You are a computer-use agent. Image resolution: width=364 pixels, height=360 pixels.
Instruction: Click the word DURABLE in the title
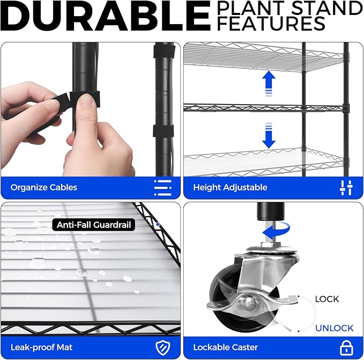coord(106,16)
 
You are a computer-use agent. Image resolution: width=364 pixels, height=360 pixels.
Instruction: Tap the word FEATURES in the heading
coord(271,23)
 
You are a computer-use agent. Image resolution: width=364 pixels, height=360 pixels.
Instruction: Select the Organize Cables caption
coord(43,187)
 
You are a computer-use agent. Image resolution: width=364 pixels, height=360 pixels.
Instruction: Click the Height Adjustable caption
coord(230,187)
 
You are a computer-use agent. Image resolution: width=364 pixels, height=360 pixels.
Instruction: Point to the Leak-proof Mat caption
coord(42,348)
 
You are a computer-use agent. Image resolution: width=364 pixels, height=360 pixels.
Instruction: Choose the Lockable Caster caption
coord(225,348)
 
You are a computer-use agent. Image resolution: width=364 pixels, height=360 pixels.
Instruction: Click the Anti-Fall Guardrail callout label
coord(94,225)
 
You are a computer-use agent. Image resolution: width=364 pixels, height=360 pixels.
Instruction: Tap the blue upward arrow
coord(269,84)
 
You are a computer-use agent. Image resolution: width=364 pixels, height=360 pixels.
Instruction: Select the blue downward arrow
coord(269,135)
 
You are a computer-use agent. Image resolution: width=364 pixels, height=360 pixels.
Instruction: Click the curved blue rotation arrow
coord(279,231)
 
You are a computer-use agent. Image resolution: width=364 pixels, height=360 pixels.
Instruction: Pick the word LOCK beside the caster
coord(327,299)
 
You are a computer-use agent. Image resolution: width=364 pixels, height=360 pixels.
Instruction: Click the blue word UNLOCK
coord(335,328)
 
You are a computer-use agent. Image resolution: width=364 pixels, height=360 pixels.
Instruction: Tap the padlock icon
coord(346,348)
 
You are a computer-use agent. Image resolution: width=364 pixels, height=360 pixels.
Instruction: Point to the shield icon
coord(163,348)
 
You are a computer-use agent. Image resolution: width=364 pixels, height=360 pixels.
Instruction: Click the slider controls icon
coord(346,188)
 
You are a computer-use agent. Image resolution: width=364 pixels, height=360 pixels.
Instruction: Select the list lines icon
coord(163,188)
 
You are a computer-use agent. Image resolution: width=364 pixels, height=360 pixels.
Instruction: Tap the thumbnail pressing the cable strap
coord(85,100)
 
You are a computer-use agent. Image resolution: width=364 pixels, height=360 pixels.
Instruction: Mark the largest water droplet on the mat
coord(37,263)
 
